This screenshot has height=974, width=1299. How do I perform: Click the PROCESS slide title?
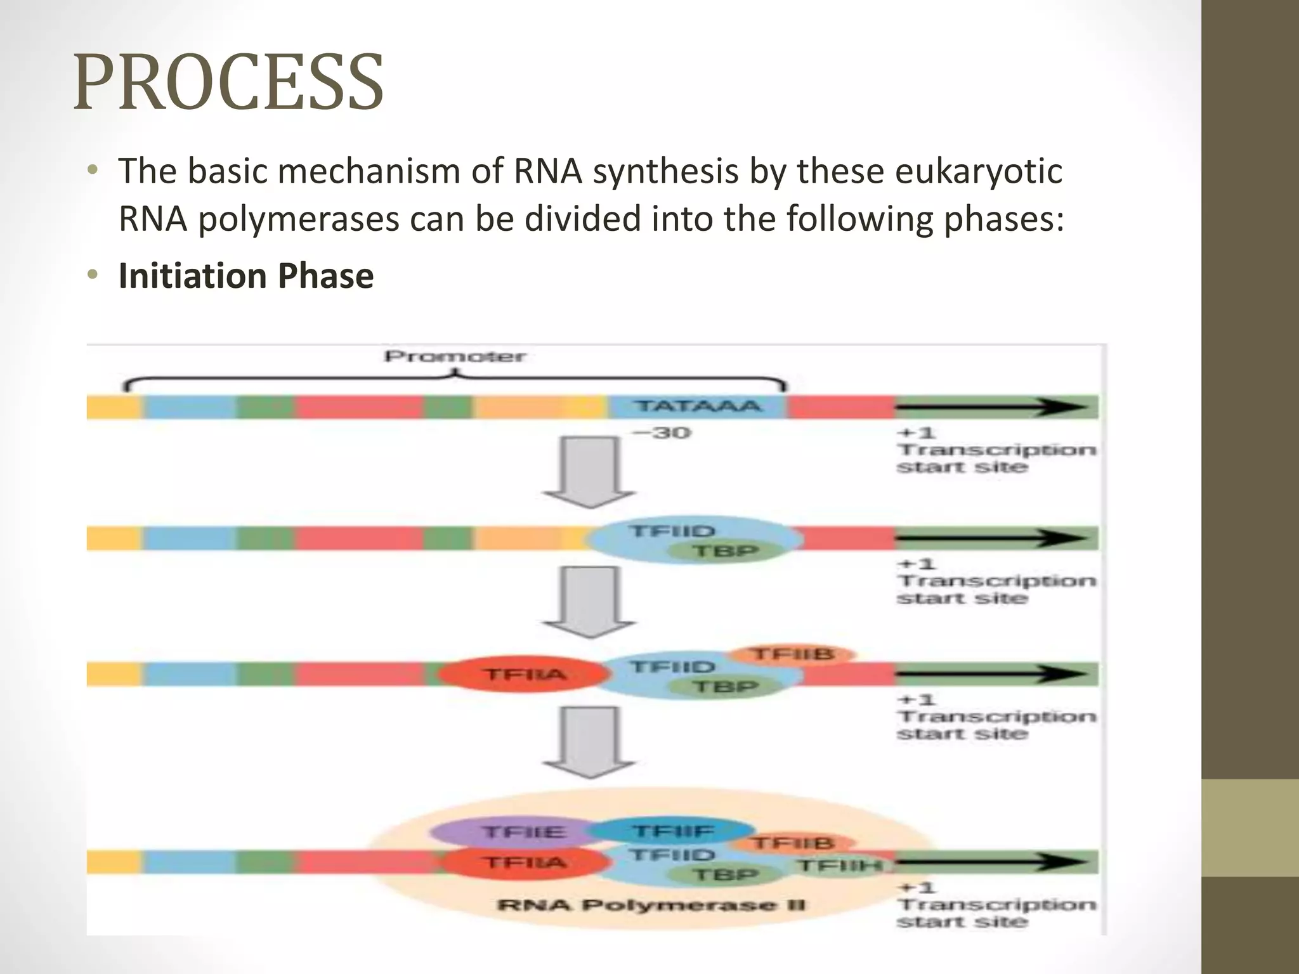point(228,82)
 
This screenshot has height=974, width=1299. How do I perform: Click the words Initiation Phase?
point(246,276)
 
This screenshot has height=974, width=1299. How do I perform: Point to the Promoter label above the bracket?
point(455,356)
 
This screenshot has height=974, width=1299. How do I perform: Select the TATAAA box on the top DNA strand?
point(697,406)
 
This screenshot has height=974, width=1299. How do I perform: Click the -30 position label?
point(662,433)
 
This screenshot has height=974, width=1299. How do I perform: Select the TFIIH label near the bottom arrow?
point(839,866)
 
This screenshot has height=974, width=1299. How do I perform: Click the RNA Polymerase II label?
point(651,905)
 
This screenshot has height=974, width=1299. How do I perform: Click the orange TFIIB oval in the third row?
point(792,654)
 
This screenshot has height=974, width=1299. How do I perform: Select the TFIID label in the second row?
point(671,531)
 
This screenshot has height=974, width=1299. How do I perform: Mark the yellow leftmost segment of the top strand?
point(113,406)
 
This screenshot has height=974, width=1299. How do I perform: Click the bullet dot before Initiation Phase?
point(93,275)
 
